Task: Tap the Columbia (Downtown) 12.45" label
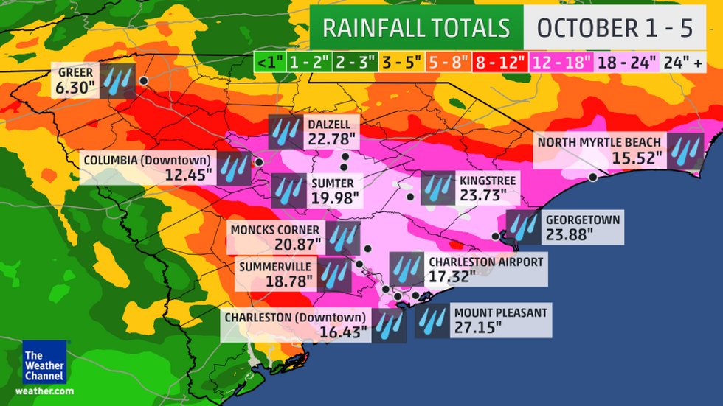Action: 148,167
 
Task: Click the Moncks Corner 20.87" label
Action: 276,236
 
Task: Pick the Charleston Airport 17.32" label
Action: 486,269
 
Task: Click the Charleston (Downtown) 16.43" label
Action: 295,325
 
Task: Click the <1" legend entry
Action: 268,62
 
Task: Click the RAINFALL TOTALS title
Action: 416,28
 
